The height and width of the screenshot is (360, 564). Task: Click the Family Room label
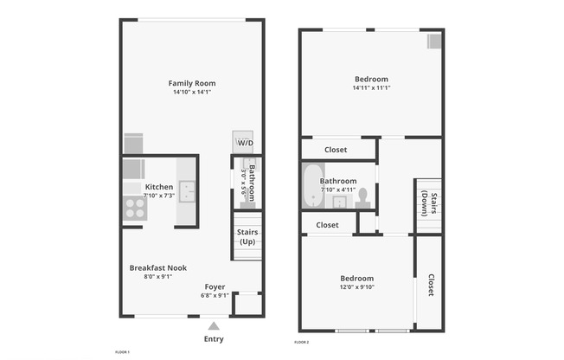tap(191, 83)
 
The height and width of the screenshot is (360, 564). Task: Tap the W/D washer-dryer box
tap(245, 143)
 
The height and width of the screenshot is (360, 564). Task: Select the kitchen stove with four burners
tap(134, 207)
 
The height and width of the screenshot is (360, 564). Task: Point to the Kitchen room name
tap(159, 187)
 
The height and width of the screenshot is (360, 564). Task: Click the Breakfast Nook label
tap(158, 267)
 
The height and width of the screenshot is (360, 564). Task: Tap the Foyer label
tap(215, 286)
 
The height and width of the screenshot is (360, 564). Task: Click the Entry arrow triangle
tap(214, 325)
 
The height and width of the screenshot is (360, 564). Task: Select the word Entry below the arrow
tap(214, 338)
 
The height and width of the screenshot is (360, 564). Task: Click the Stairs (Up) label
tap(247, 236)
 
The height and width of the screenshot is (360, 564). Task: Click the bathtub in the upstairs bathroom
tap(313, 187)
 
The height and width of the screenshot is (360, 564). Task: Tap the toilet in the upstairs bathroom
tap(365, 197)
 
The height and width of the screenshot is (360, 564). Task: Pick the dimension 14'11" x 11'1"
tap(371, 87)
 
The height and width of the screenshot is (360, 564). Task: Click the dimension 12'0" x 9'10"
tap(356, 287)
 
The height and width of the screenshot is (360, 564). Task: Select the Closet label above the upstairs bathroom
tap(336, 150)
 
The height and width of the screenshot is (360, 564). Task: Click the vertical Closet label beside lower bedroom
tap(430, 286)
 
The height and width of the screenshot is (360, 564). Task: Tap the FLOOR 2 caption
tap(301, 343)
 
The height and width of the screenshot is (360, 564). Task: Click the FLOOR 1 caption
tap(122, 352)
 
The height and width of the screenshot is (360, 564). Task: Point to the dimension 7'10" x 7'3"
tap(159, 196)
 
